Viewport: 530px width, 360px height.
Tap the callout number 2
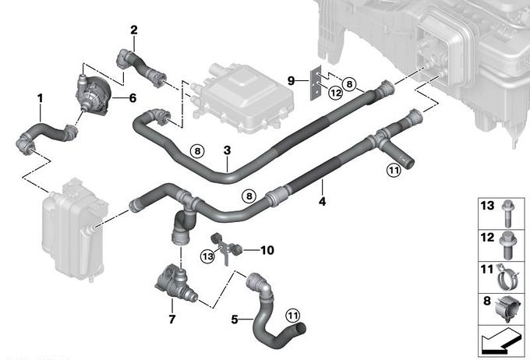[134, 30]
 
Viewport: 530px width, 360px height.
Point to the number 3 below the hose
[226, 150]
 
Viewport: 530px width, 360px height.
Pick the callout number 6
[132, 98]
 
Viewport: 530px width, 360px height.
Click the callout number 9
[291, 80]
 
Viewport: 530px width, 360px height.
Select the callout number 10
[267, 251]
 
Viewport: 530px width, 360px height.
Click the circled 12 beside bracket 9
[335, 94]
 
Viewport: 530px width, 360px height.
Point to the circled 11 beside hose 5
[291, 315]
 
